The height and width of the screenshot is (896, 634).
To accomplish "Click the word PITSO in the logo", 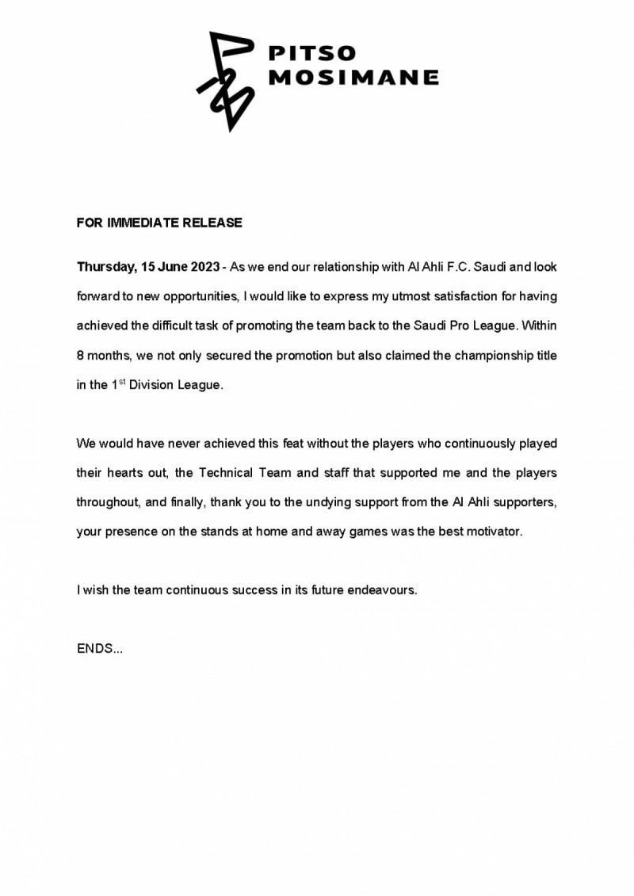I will point(313,54).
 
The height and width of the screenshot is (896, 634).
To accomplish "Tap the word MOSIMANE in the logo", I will point(354,78).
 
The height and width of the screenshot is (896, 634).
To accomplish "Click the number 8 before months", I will point(80,355).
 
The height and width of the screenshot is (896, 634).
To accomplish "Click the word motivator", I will point(495,532).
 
